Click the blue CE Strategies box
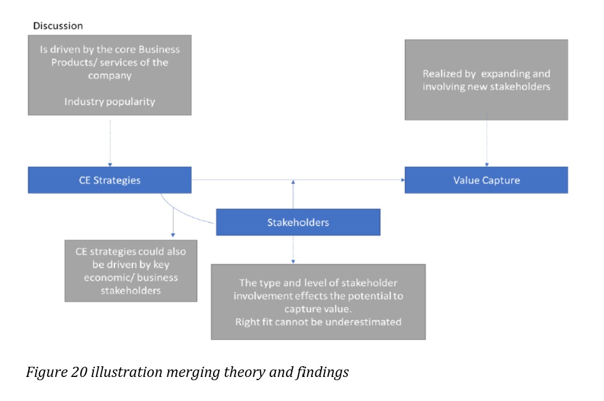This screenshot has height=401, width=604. [109, 180]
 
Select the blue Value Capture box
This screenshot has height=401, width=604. [486, 180]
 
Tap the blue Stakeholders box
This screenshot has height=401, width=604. [298, 222]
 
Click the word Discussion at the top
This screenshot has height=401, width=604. [58, 26]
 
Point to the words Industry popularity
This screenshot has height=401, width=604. [109, 102]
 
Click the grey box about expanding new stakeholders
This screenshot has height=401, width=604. [486, 80]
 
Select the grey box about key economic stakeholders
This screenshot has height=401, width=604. [131, 271]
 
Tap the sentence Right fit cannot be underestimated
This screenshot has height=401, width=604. [318, 322]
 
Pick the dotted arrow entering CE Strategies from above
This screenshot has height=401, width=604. [110, 142]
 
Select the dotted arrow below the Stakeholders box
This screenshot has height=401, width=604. [293, 250]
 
